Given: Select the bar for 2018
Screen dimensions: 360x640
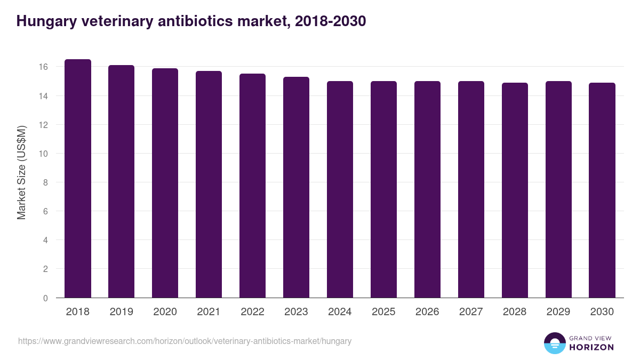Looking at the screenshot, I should pyautogui.click(x=78, y=179).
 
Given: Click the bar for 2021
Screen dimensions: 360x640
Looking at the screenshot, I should pyautogui.click(x=209, y=185).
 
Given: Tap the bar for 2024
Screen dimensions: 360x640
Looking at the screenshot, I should pyautogui.click(x=340, y=189).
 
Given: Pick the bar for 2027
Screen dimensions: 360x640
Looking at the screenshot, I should pyautogui.click(x=471, y=189).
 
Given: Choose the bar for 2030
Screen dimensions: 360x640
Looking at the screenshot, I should pyautogui.click(x=602, y=190).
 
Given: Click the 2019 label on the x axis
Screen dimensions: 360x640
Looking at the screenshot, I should pyautogui.click(x=122, y=312).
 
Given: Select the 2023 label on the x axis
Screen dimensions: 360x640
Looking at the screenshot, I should pyautogui.click(x=296, y=312).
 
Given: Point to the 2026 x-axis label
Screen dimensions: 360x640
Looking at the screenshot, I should pyautogui.click(x=427, y=312).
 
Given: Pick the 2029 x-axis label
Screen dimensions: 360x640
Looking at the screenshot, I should pyautogui.click(x=558, y=312).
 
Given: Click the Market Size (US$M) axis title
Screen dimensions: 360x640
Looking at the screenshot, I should pyautogui.click(x=21, y=172).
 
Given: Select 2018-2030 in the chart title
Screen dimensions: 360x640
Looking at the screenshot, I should pyautogui.click(x=330, y=21).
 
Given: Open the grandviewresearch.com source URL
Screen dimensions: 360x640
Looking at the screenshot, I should pyautogui.click(x=185, y=341).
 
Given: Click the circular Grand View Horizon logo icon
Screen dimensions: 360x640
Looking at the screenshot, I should pyautogui.click(x=554, y=343).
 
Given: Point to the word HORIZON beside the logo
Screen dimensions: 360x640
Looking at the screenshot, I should pyautogui.click(x=591, y=347).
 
